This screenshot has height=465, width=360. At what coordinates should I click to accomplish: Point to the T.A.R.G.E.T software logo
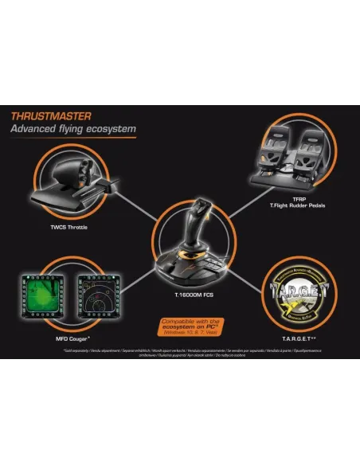click(x=296, y=290)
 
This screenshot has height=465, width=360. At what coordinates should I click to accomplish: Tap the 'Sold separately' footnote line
click(x=180, y=350)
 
